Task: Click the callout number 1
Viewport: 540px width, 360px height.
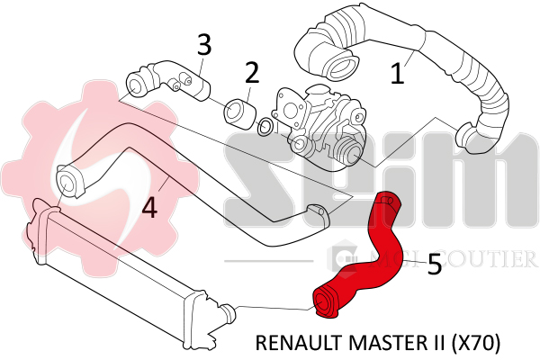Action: pyautogui.click(x=398, y=71)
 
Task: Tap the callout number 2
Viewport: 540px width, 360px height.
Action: pyautogui.click(x=252, y=71)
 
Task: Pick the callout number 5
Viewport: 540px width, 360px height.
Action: pyautogui.click(x=434, y=263)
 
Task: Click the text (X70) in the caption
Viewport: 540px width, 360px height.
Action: pyautogui.click(x=474, y=343)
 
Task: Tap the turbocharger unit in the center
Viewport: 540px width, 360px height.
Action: pyautogui.click(x=319, y=126)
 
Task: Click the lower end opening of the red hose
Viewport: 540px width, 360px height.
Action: pyautogui.click(x=325, y=305)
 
